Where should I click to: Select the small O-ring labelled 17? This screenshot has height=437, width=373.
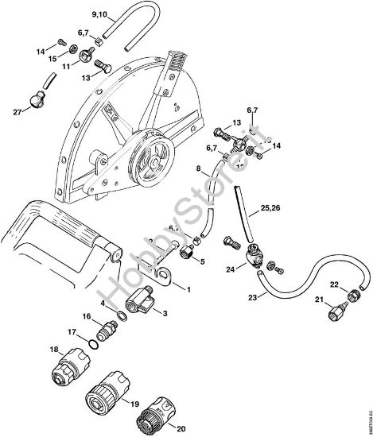95,343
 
